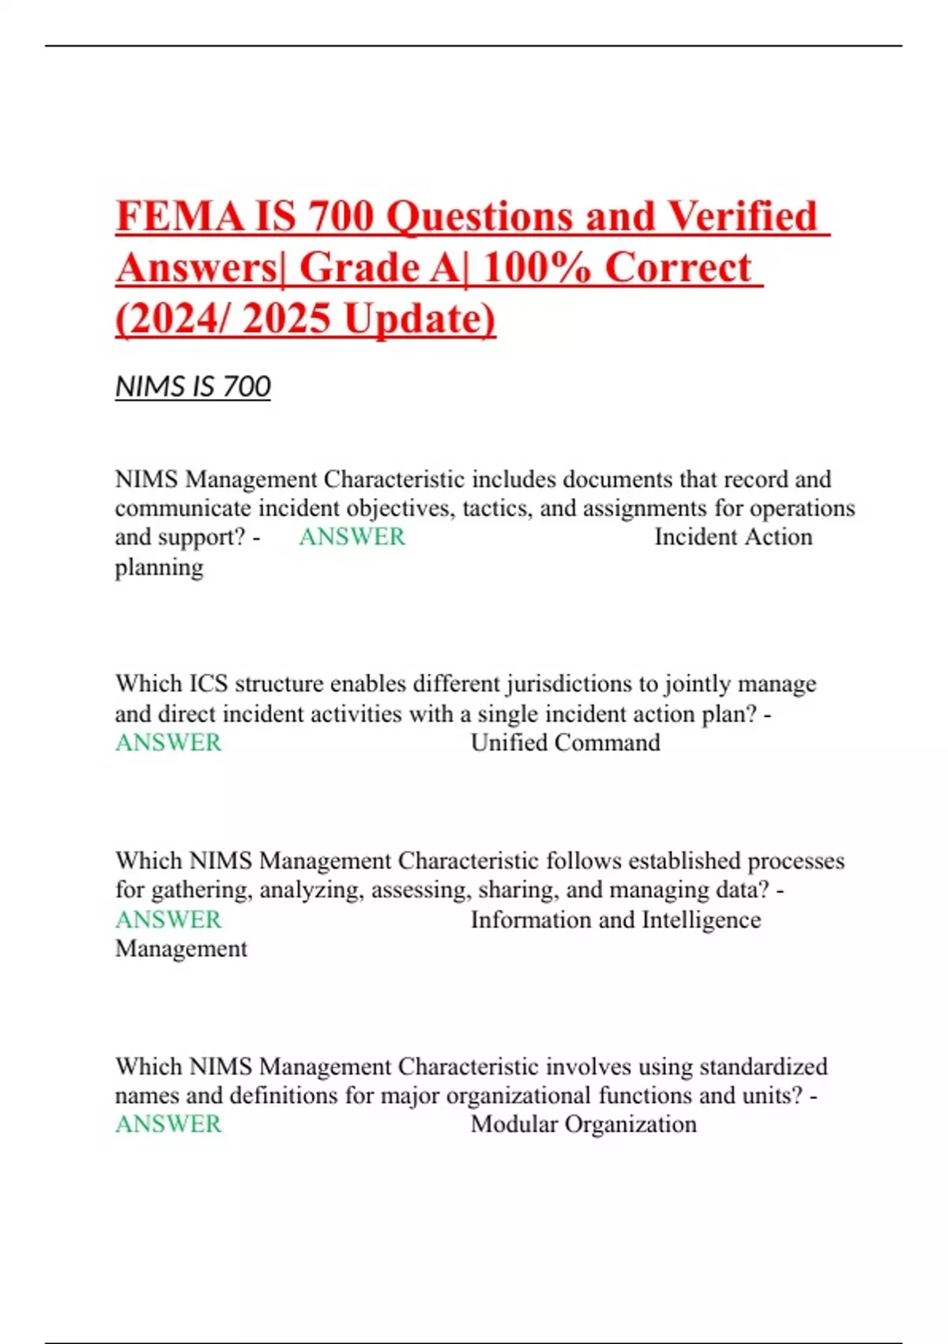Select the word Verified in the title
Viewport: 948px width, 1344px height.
tap(742, 216)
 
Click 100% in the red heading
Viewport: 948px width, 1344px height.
tap(536, 267)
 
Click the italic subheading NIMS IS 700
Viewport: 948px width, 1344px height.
tap(193, 387)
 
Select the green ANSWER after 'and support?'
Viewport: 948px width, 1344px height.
tap(352, 537)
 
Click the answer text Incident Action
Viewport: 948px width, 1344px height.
tap(733, 537)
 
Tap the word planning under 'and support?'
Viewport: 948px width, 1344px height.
tap(159, 568)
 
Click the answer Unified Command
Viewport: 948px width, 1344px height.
tap(566, 743)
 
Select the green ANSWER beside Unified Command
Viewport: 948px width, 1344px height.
tap(168, 743)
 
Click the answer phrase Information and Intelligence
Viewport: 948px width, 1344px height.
tap(615, 920)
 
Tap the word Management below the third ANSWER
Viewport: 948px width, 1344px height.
tap(181, 949)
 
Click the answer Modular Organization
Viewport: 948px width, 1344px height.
tap(584, 1124)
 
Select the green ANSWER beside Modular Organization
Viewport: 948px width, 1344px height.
tap(168, 1124)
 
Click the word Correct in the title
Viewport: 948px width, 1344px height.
tap(678, 267)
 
